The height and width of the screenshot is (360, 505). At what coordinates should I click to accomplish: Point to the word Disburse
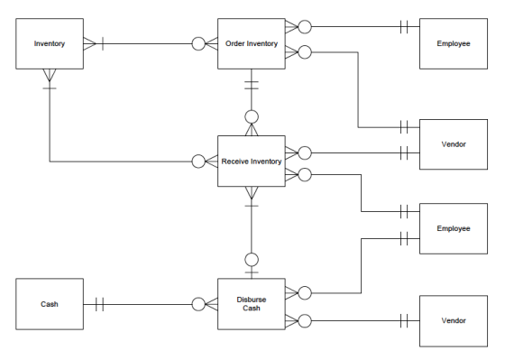tap(252, 300)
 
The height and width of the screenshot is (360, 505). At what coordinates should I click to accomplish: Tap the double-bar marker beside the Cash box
tap(100, 304)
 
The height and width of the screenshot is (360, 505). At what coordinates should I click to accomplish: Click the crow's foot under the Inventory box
tap(50, 75)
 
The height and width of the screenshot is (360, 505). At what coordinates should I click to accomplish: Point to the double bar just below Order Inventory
tap(252, 85)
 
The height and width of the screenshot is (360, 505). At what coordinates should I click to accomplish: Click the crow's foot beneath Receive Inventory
tap(252, 193)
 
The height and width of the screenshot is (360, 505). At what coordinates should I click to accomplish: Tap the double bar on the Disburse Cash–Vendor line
tap(404, 320)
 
